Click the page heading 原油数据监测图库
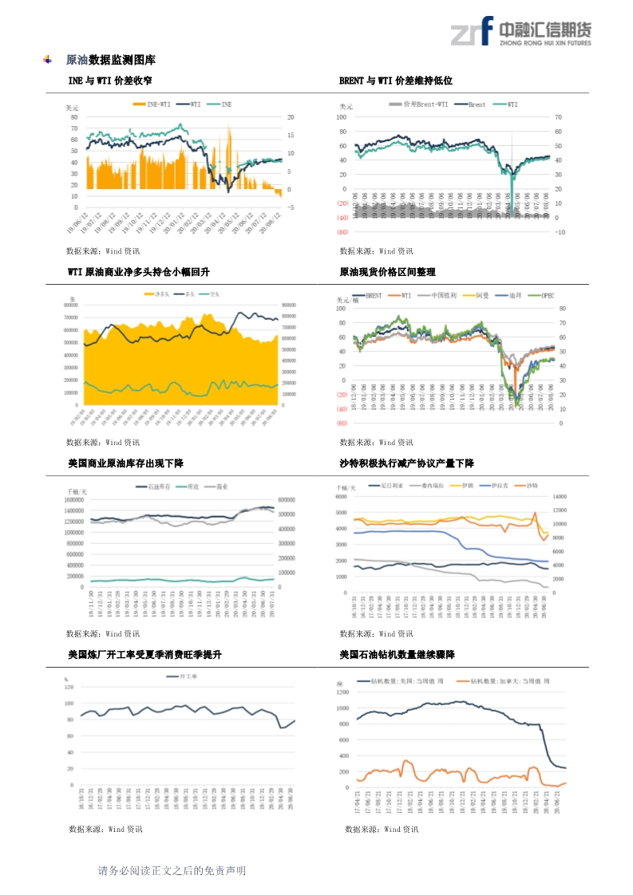[110, 60]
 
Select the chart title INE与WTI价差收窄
[110, 81]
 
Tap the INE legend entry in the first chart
[226, 104]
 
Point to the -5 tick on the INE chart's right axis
[291, 207]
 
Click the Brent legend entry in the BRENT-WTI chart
[477, 104]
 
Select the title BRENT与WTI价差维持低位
[396, 81]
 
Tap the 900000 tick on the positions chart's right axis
[289, 305]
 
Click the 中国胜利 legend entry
[443, 294]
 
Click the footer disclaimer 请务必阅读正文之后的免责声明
[172, 870]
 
